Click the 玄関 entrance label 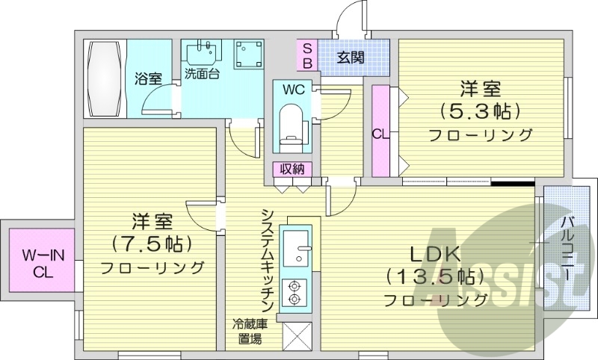350,57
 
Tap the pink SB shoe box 307,56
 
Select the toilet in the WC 291,124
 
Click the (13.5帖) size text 431,276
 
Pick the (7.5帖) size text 149,243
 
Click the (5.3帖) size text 479,112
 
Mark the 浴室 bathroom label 147,77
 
